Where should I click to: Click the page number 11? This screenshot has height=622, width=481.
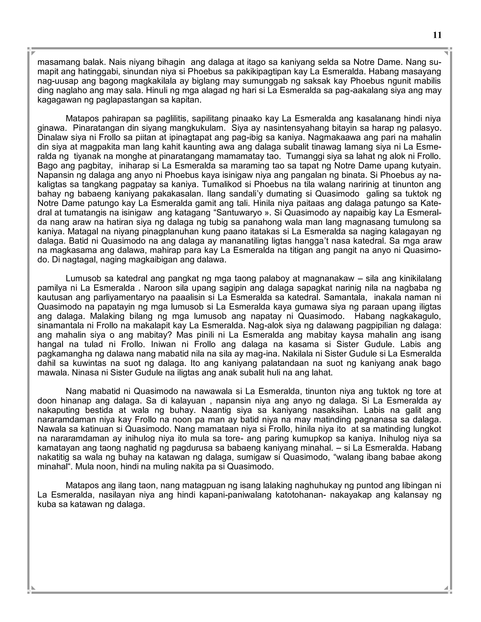point(437,35)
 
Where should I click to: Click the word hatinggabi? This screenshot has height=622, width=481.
point(97,72)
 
